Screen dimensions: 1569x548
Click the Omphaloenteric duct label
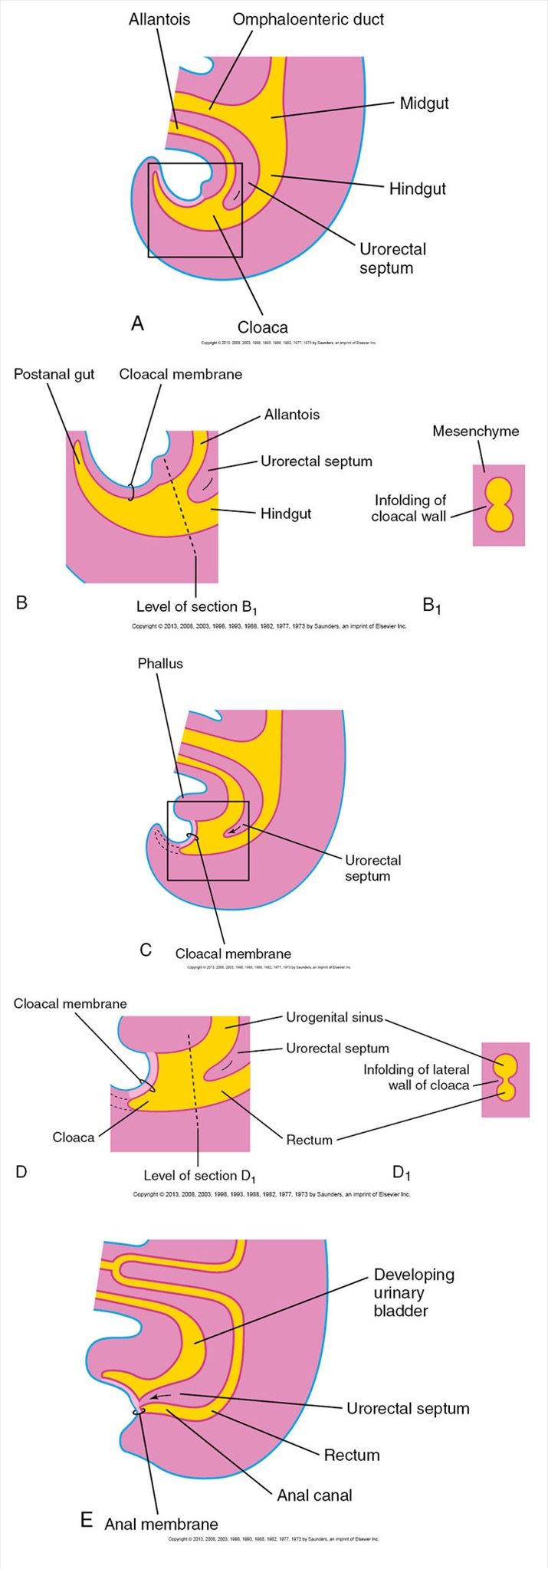[x=308, y=19]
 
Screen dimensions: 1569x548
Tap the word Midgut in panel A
[x=424, y=103]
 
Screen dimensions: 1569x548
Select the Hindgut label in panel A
[x=417, y=189]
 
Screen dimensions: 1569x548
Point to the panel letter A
[x=137, y=323]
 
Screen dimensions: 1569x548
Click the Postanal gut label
[x=54, y=374]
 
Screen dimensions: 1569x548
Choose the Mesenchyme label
[x=475, y=431]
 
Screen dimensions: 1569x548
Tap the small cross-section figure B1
[x=499, y=505]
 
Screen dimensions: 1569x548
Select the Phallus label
[x=160, y=663]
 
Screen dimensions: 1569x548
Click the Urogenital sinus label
[x=334, y=1018]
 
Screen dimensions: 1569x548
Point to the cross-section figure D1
[x=505, y=1078]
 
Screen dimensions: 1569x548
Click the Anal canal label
[x=314, y=1495]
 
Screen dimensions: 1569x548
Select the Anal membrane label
[x=161, y=1525]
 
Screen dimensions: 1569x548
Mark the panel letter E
[x=87, y=1521]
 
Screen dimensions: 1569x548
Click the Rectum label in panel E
[x=352, y=1455]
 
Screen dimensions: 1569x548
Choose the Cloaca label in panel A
[x=262, y=327]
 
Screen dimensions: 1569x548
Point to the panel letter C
[x=146, y=950]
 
